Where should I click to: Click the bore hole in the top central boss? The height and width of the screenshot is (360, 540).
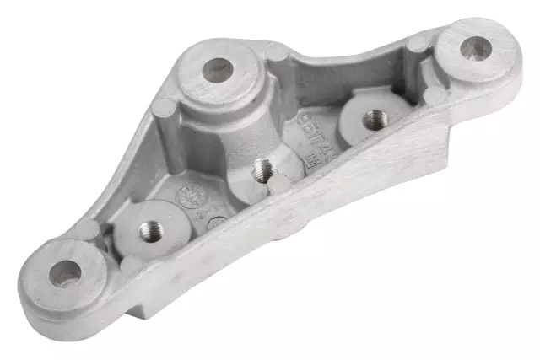(217, 70)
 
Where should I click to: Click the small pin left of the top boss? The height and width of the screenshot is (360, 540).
(162, 106)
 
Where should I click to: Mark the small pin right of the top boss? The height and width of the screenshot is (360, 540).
(277, 54)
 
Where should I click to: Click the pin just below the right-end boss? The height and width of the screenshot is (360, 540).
(435, 95)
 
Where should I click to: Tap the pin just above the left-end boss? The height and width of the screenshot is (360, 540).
(87, 229)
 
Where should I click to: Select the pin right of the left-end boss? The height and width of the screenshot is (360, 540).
(130, 264)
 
